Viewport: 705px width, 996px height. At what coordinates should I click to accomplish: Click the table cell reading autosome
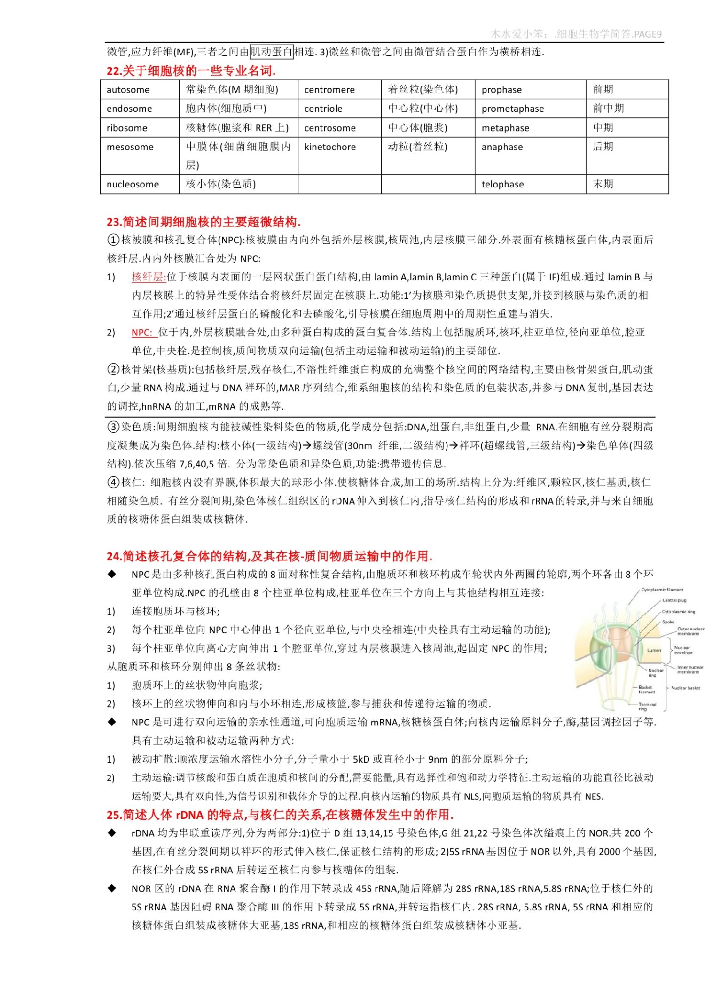coord(128,90)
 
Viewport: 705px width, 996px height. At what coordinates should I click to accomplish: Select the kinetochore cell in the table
coord(330,147)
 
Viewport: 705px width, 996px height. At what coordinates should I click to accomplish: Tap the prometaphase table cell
coord(513,109)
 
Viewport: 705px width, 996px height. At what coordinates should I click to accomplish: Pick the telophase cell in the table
coord(502,184)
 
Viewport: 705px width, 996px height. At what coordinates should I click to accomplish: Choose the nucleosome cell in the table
coord(133,184)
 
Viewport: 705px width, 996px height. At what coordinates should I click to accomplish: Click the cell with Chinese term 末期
coord(603,184)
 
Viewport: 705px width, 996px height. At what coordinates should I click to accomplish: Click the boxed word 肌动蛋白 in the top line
coord(271,52)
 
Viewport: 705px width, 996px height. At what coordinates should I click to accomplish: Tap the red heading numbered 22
coord(191,71)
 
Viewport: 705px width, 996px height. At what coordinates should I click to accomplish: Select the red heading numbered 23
coord(204,222)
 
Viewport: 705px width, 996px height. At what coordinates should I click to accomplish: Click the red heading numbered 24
coord(269,556)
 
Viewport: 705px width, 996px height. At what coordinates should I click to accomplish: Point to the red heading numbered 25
coord(280,815)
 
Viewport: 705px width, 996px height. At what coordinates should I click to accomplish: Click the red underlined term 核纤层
coord(148,277)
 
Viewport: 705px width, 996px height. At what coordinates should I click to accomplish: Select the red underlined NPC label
coord(143,333)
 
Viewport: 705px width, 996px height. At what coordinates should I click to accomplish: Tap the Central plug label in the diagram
coord(674,600)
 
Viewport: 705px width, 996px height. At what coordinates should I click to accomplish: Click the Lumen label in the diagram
coord(654,651)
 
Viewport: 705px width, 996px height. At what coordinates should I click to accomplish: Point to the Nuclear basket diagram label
coord(685,688)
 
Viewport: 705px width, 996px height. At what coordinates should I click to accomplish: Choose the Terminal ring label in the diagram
coord(647,707)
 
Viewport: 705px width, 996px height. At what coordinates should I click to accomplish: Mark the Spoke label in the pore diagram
coord(668,622)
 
